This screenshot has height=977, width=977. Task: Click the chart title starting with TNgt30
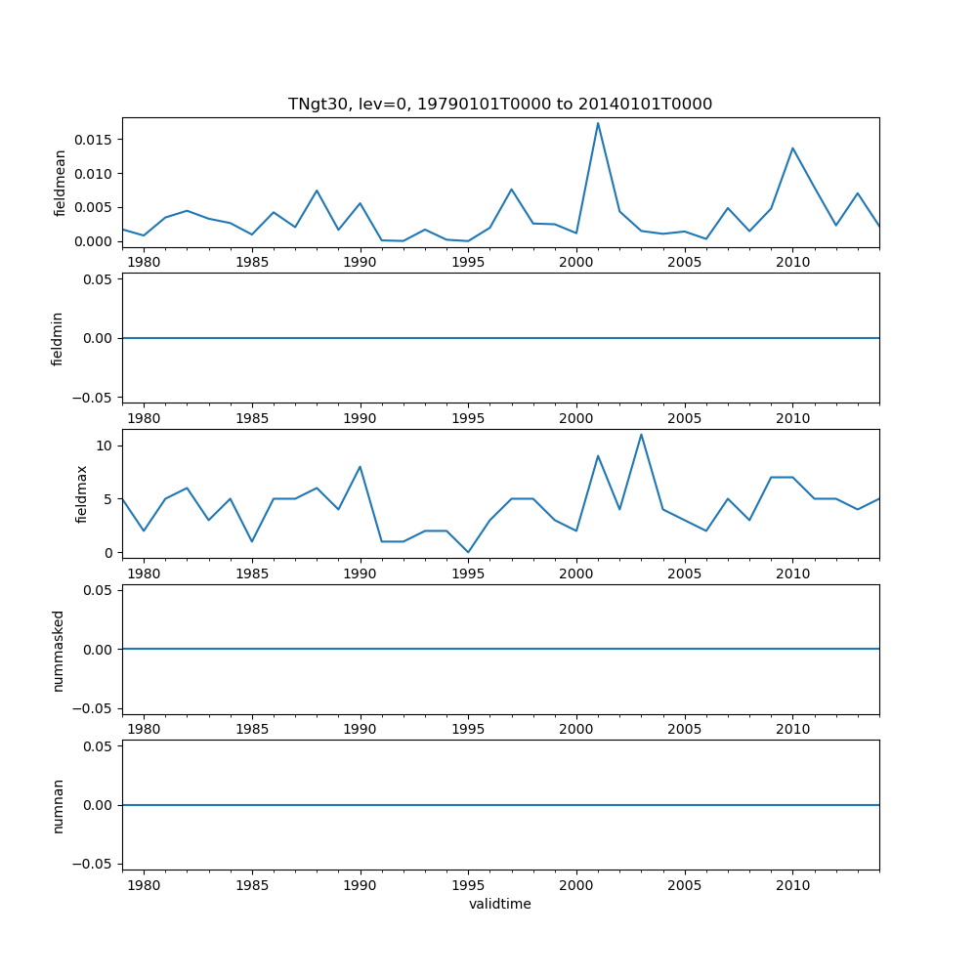[x=499, y=104]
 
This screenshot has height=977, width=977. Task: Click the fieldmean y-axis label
[x=60, y=183]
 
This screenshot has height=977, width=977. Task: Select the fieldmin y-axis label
[x=58, y=338]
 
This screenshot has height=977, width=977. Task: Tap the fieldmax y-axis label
[x=83, y=494]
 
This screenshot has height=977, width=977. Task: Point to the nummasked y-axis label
[x=58, y=650]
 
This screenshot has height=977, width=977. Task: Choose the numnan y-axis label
[x=58, y=805]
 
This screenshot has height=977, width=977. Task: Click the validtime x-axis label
[x=499, y=904]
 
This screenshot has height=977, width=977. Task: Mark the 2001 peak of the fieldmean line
[x=598, y=123]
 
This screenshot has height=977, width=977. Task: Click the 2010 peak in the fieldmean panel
[x=792, y=149]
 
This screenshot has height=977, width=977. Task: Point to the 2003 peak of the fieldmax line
[x=641, y=435]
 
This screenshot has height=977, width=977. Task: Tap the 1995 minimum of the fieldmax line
[x=468, y=552]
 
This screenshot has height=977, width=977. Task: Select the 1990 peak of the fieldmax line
[x=361, y=466]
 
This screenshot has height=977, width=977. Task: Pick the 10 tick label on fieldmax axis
[x=105, y=446]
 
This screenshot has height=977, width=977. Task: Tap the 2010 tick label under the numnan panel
[x=792, y=885]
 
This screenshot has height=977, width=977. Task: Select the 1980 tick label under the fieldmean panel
[x=144, y=263]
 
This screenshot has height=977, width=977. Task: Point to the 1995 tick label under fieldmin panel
[x=468, y=418]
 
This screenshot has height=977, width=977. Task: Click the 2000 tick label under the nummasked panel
[x=576, y=730]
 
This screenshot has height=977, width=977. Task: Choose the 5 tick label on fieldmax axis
[x=108, y=499]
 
